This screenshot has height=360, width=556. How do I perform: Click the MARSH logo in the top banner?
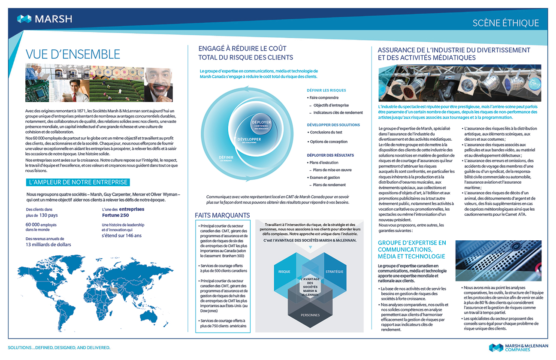pyautogui.click(x=45, y=19)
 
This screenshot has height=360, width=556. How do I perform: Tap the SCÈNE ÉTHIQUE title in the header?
pyautogui.click(x=505, y=23)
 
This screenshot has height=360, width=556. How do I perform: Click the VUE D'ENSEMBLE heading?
pyautogui.click(x=73, y=54)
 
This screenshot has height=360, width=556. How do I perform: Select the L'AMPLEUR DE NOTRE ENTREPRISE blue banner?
pyautogui.click(x=77, y=182)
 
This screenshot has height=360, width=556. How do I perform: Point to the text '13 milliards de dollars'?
pyautogui.click(x=48, y=245)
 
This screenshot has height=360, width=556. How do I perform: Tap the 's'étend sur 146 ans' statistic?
pyautogui.click(x=121, y=236)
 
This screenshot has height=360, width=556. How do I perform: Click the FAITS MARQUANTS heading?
pyautogui.click(x=222, y=215)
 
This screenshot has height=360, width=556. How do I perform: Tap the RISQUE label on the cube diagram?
pyautogui.click(x=284, y=272)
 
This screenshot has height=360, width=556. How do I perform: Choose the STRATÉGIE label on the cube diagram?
pyautogui.click(x=334, y=272)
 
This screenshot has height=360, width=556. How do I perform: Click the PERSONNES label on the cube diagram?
pyautogui.click(x=310, y=315)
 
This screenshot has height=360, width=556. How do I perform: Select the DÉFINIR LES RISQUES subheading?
pyautogui.click(x=326, y=91)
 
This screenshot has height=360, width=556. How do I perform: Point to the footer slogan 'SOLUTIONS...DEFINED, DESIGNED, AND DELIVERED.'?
pyautogui.click(x=59, y=347)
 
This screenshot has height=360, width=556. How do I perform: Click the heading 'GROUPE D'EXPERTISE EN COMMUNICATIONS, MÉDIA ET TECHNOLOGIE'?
pyautogui.click(x=412, y=249)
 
